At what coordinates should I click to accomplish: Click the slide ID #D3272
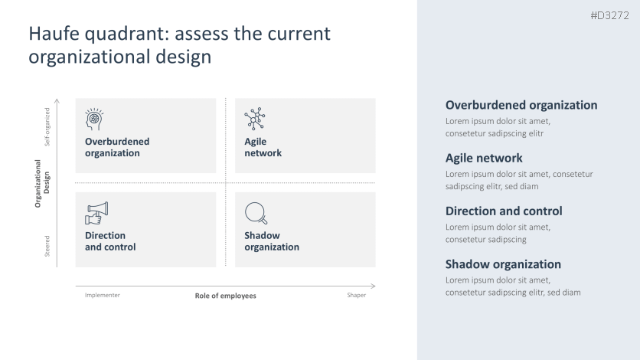tap(609, 16)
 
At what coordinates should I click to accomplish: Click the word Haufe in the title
tap(54, 34)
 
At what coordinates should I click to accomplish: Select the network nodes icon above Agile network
tap(254, 119)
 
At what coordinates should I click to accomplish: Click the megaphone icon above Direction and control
tap(96, 213)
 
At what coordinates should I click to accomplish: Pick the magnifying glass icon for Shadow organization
tap(256, 213)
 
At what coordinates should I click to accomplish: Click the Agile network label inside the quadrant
tap(263, 147)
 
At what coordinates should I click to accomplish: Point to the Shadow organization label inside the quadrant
tap(271, 241)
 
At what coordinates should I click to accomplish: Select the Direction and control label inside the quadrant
tap(110, 241)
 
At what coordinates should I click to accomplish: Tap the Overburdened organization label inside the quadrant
tap(117, 147)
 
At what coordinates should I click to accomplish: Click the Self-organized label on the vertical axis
tap(47, 126)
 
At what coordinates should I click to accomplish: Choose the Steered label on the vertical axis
tap(47, 246)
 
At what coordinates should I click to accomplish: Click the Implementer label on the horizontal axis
tap(103, 295)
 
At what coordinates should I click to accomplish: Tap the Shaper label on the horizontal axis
tap(356, 295)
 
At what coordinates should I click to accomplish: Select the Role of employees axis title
tap(225, 296)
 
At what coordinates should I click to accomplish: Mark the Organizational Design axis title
tap(42, 183)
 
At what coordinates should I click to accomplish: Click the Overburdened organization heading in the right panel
tap(521, 105)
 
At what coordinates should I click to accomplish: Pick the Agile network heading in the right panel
tap(484, 158)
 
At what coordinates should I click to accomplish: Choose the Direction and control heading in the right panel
tap(503, 211)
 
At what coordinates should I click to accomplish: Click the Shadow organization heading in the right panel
tap(503, 264)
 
